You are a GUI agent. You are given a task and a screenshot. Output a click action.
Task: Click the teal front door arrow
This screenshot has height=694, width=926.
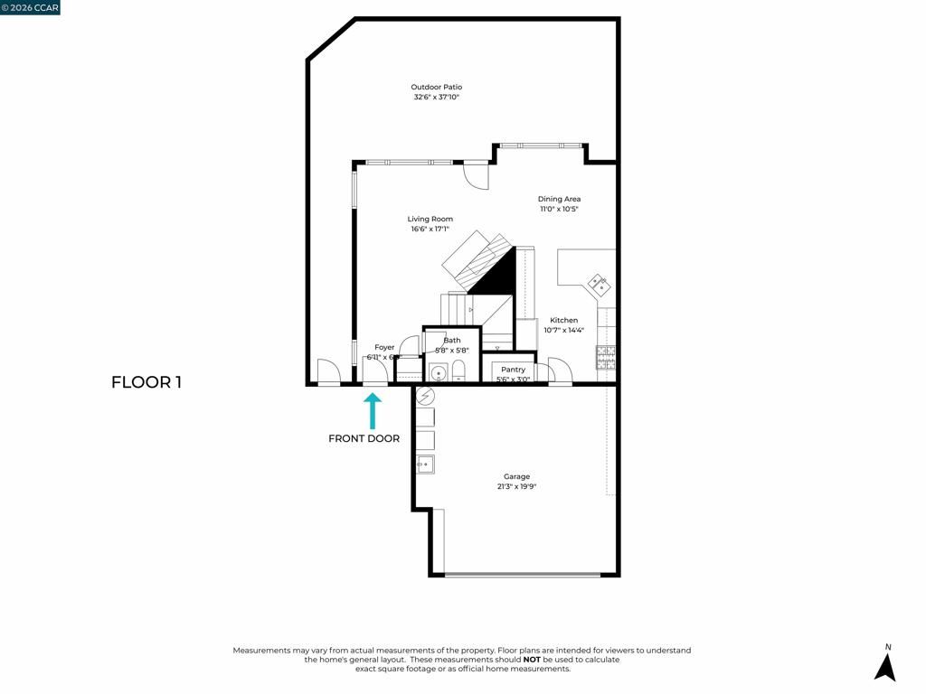[x=372, y=409]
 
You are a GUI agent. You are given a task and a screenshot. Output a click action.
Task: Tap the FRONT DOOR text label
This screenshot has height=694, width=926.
[x=364, y=438]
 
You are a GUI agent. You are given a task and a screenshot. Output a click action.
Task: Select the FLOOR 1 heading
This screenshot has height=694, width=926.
[x=146, y=382]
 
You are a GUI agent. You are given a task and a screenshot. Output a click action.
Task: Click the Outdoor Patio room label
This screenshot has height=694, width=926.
[x=437, y=87]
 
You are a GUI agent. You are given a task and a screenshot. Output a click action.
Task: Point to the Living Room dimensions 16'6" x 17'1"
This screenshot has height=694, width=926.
[x=430, y=229]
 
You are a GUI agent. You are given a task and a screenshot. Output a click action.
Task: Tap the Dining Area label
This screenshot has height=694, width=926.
[x=559, y=199]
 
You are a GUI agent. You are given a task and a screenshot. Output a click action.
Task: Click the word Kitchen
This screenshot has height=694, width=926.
[x=563, y=320]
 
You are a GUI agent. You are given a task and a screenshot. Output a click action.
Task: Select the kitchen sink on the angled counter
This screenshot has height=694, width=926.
[x=599, y=283]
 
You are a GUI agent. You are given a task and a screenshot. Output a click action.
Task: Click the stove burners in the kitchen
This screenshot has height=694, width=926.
[x=605, y=357]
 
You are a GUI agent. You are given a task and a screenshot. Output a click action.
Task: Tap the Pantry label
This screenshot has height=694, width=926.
[x=513, y=370]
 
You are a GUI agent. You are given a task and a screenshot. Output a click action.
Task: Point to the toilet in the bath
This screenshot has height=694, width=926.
[x=458, y=370]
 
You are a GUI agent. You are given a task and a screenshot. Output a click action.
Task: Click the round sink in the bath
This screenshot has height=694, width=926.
[x=438, y=371]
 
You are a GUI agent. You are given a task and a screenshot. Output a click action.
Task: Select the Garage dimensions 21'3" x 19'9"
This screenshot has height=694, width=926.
[x=516, y=486]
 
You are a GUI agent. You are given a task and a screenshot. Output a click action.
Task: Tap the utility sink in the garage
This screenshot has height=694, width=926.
[x=425, y=464]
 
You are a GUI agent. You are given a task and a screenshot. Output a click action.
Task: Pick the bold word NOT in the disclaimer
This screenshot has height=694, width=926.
[x=533, y=660]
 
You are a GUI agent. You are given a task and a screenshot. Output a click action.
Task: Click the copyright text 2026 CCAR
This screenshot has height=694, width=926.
[x=30, y=8]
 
